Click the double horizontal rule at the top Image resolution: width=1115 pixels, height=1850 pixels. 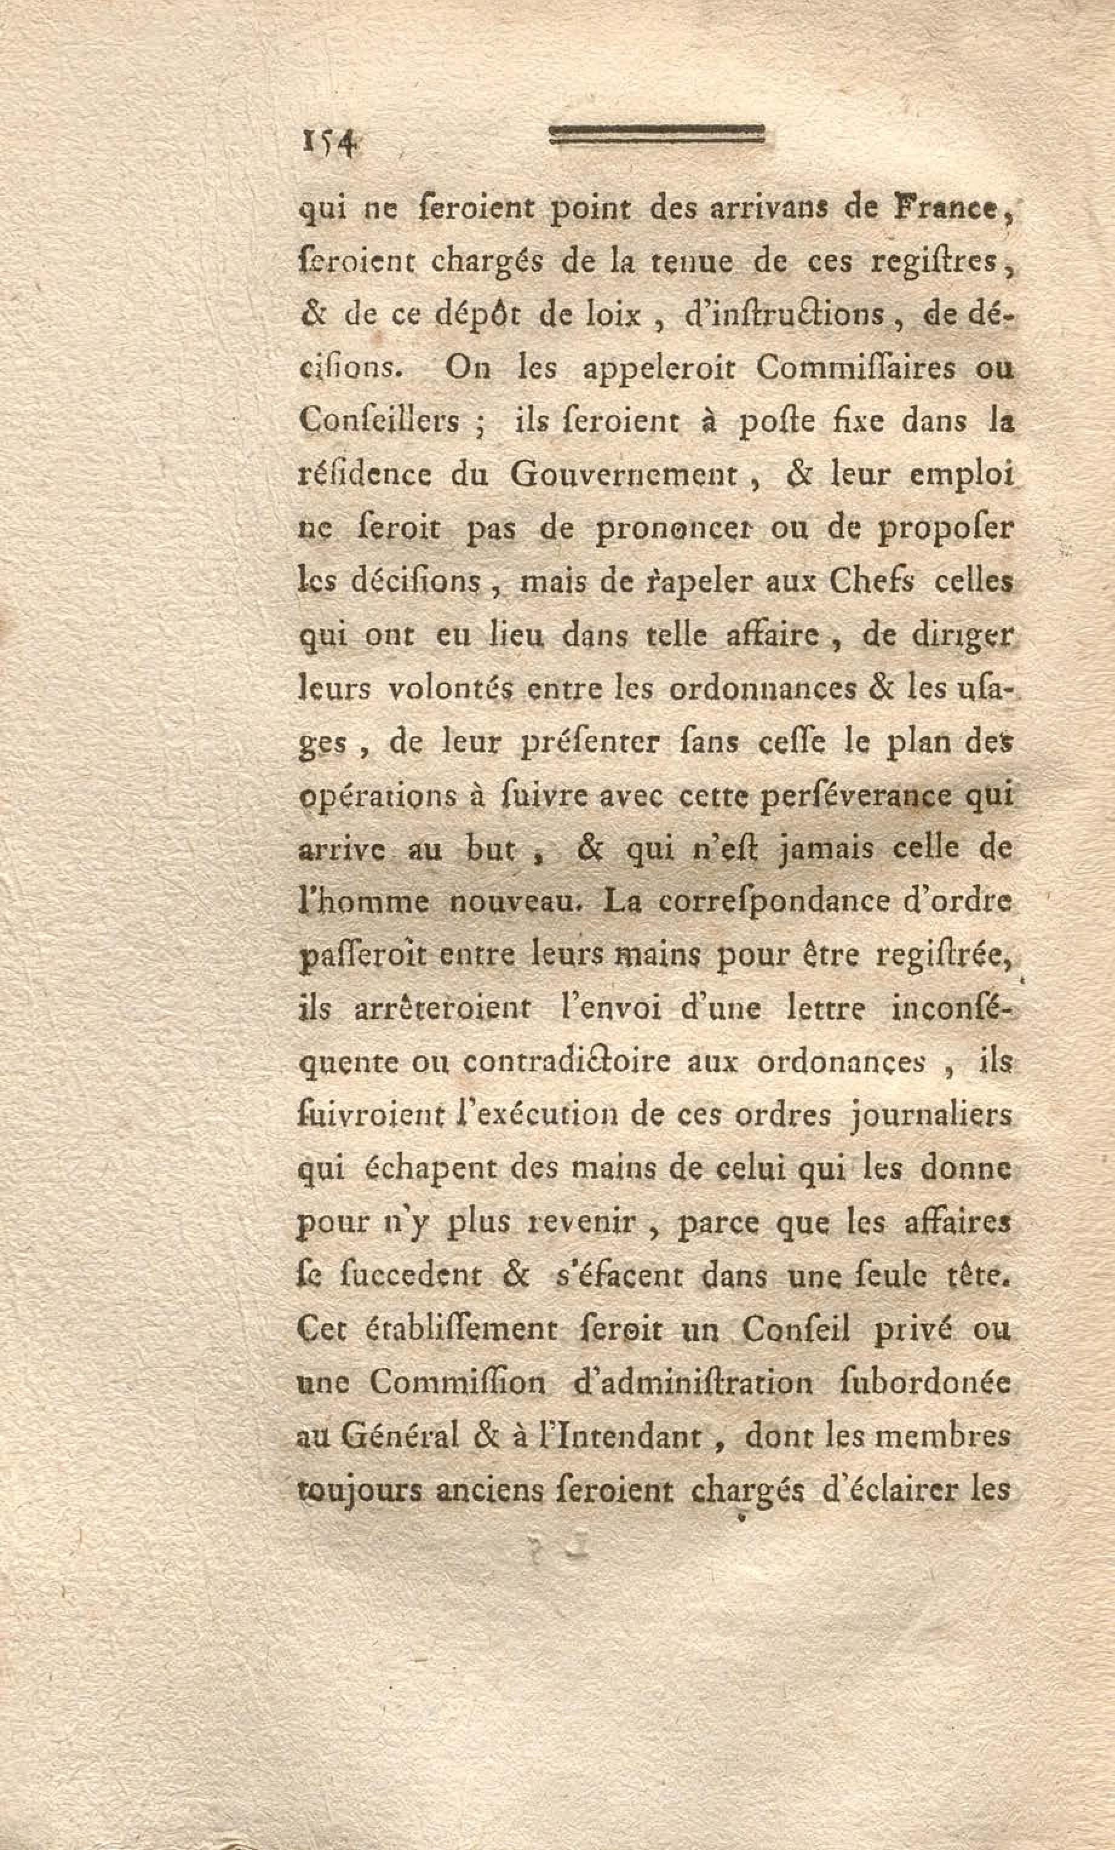pyautogui.click(x=657, y=135)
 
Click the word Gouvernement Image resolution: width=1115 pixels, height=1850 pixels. pyautogui.click(x=623, y=476)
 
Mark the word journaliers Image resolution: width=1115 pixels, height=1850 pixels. pyautogui.click(x=930, y=1116)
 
